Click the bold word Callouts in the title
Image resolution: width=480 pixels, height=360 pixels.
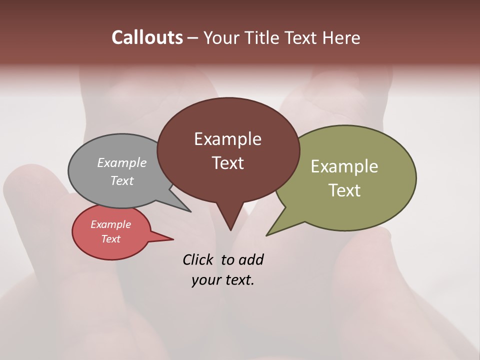point(147,37)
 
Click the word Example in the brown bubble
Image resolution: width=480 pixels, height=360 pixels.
point(227,139)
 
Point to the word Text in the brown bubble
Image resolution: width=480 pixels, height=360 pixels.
point(227,163)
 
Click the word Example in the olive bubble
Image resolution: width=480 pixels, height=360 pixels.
point(344,166)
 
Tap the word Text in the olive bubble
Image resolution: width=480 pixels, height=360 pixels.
point(344,190)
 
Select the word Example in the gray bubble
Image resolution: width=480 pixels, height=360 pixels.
point(122,162)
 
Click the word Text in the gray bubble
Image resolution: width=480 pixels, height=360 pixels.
point(122,180)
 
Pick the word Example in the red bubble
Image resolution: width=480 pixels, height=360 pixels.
point(110,224)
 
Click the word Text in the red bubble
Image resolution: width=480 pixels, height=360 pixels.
point(110,239)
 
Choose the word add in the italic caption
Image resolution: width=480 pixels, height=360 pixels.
point(251,259)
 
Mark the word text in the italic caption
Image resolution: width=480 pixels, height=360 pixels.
point(239,280)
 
